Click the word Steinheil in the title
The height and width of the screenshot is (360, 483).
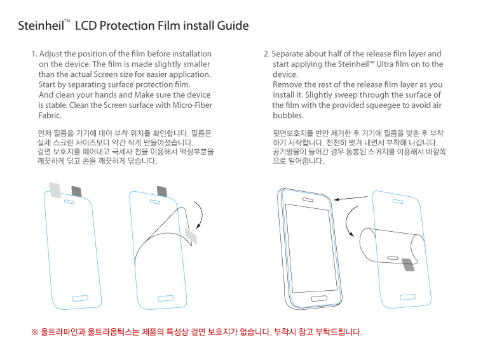41,25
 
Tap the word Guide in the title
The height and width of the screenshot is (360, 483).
233,25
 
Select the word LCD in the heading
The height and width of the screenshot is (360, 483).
86,25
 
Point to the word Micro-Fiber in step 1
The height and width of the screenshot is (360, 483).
192,105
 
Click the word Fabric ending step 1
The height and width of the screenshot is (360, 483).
50,116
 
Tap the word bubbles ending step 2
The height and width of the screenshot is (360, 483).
288,116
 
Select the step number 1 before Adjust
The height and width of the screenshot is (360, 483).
34,54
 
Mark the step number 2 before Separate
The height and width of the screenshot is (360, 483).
266,54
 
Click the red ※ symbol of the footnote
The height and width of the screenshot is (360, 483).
34,332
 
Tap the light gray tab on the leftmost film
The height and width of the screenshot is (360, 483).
55,190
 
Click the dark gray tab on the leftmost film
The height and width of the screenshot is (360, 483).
77,191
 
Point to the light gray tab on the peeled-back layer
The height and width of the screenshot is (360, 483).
191,236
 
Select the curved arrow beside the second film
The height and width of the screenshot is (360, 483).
200,215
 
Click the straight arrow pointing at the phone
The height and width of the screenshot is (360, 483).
351,198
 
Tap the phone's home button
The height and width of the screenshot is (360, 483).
319,298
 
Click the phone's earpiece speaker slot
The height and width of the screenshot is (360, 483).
308,200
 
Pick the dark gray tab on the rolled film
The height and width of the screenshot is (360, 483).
409,265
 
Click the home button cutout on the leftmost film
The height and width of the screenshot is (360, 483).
80,298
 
